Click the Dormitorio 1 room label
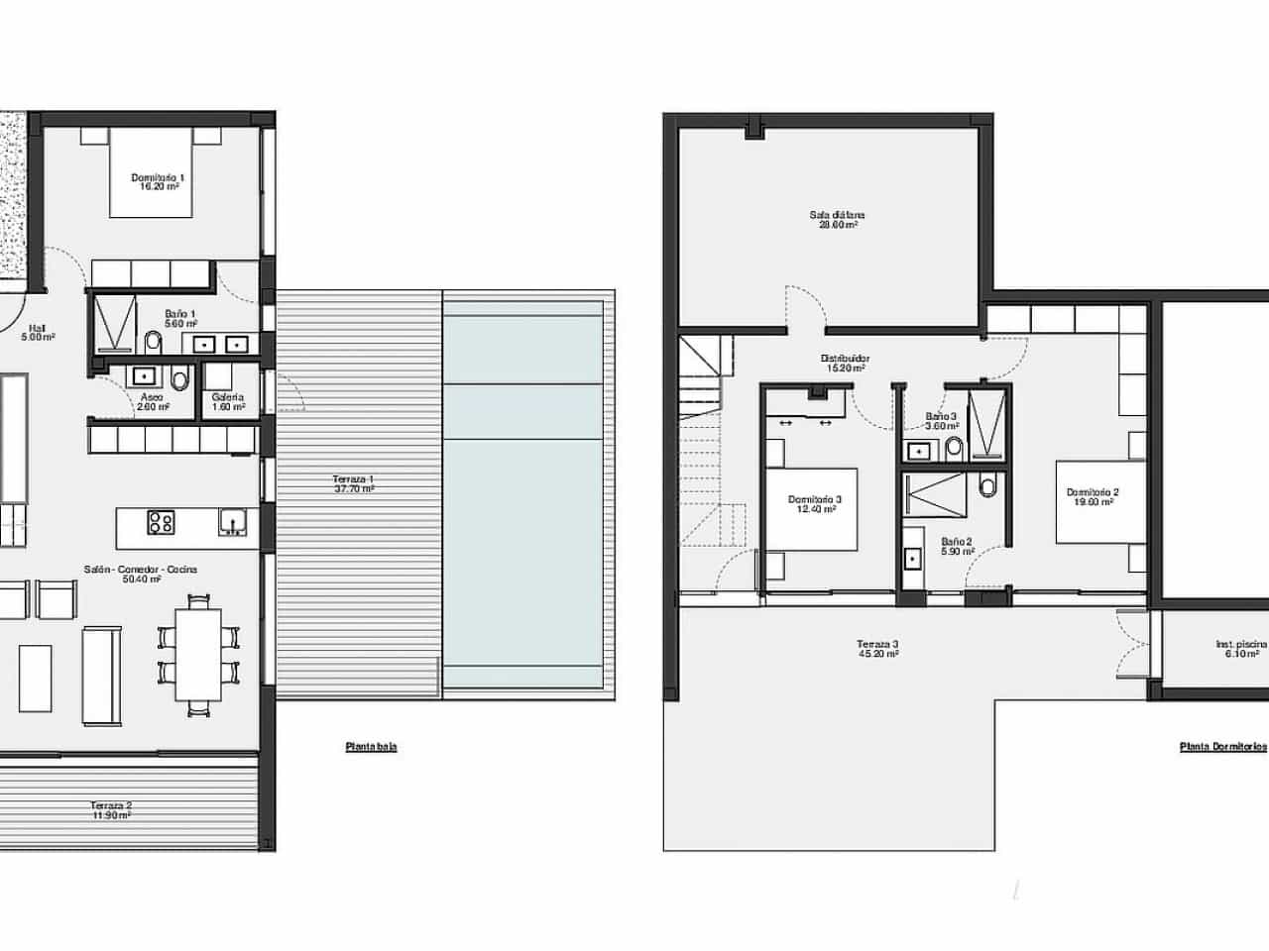(x=159, y=181)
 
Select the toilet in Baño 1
(x=153, y=343)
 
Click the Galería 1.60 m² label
(x=228, y=401)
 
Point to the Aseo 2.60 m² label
(x=153, y=401)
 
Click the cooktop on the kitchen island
(x=162, y=522)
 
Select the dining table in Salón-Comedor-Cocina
(x=199, y=655)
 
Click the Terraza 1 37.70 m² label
(x=354, y=483)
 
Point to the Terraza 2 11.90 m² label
(x=110, y=809)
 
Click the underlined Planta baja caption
(x=371, y=747)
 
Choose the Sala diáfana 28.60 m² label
(x=838, y=219)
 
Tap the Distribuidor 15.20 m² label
(x=845, y=363)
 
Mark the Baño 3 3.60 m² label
(x=941, y=421)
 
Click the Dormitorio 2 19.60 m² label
(x=1093, y=497)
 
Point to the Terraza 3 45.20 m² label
(x=877, y=649)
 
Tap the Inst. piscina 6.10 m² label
(x=1241, y=649)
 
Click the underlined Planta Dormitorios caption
(x=1222, y=748)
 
